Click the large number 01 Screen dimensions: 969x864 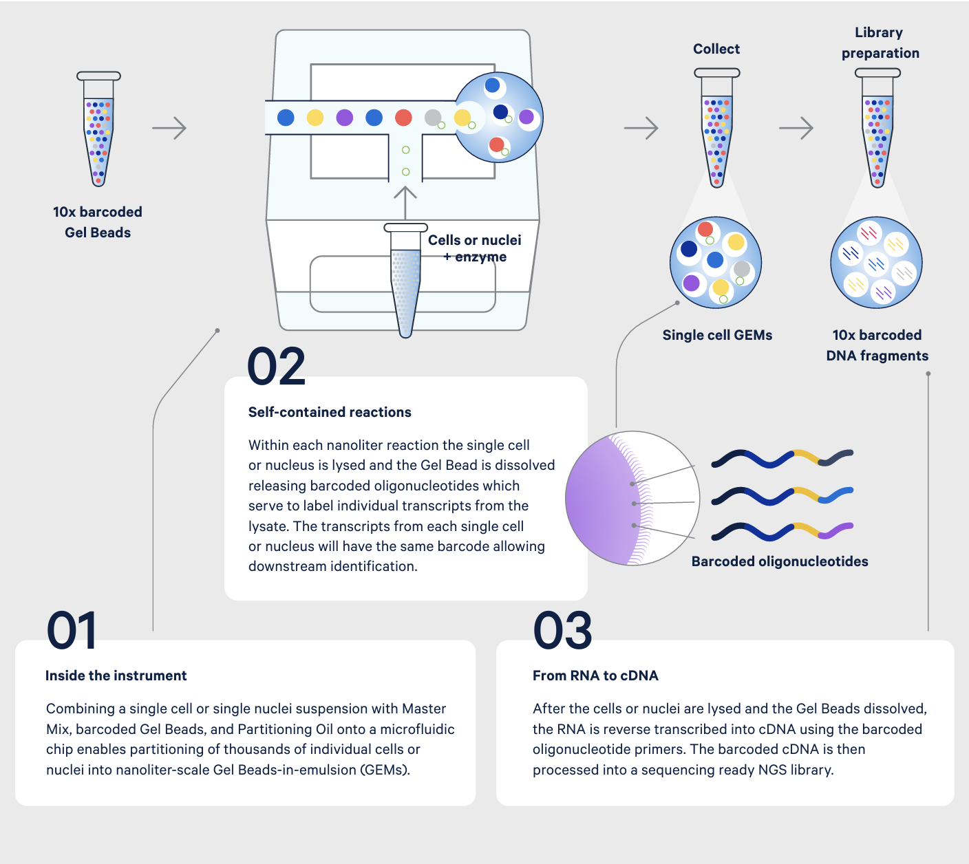click(72, 630)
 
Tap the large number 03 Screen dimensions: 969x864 click(562, 630)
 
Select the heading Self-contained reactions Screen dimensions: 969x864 click(330, 412)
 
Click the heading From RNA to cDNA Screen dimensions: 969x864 click(595, 675)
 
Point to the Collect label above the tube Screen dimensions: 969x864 click(716, 49)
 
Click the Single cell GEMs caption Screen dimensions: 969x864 click(717, 335)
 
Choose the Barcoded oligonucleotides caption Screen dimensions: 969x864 click(780, 561)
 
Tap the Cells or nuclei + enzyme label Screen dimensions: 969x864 click(474, 248)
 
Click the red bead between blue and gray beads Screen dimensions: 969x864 click(403, 118)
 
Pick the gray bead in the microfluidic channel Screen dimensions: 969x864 click(433, 117)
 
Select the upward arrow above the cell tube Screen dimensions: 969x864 click(405, 203)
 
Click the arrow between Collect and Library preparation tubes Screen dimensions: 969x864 click(796, 128)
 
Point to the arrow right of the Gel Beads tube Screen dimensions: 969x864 click(169, 128)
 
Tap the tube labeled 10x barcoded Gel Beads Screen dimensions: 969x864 click(98, 129)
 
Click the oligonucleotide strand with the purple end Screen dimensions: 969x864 click(782, 532)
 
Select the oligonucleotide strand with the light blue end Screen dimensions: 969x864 click(782, 496)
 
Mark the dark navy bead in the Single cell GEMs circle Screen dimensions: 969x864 click(689, 248)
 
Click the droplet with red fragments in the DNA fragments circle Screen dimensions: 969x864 click(869, 233)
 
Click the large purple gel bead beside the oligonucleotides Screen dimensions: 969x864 click(604, 499)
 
